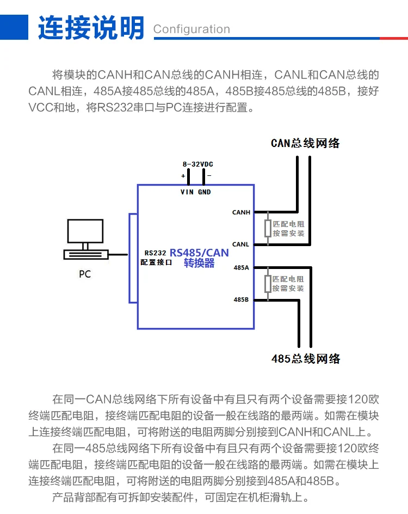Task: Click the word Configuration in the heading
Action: tap(191, 29)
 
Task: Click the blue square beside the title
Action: tap(14, 27)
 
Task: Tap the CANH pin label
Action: tap(241, 212)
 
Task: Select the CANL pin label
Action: tap(240, 244)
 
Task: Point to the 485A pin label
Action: tap(241, 267)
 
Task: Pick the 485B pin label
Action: tap(241, 299)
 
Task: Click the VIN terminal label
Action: tap(187, 192)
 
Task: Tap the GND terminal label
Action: tap(205, 192)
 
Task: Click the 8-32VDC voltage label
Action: tap(198, 164)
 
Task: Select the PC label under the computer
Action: tap(85, 274)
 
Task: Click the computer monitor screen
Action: tap(85, 231)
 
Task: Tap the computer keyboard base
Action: tap(86, 255)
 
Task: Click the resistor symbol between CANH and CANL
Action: tap(268, 229)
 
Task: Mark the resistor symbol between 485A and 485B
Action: tap(268, 284)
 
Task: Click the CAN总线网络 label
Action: tap(305, 143)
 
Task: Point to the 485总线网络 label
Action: tap(306, 359)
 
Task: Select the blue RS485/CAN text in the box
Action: tap(199, 253)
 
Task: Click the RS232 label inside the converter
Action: tap(155, 253)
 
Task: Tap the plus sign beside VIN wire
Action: tap(183, 176)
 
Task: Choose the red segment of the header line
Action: tap(394, 38)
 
